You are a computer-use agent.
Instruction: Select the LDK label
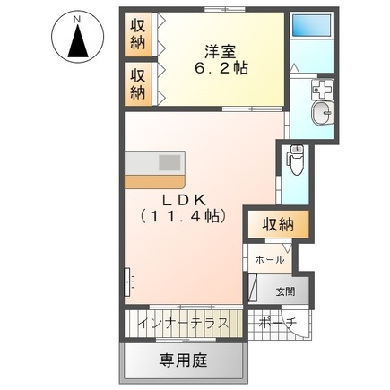click(x=186, y=199)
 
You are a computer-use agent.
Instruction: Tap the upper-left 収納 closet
click(x=138, y=33)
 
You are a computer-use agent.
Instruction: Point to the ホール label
click(x=269, y=259)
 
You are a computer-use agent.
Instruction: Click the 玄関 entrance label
click(x=284, y=290)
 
